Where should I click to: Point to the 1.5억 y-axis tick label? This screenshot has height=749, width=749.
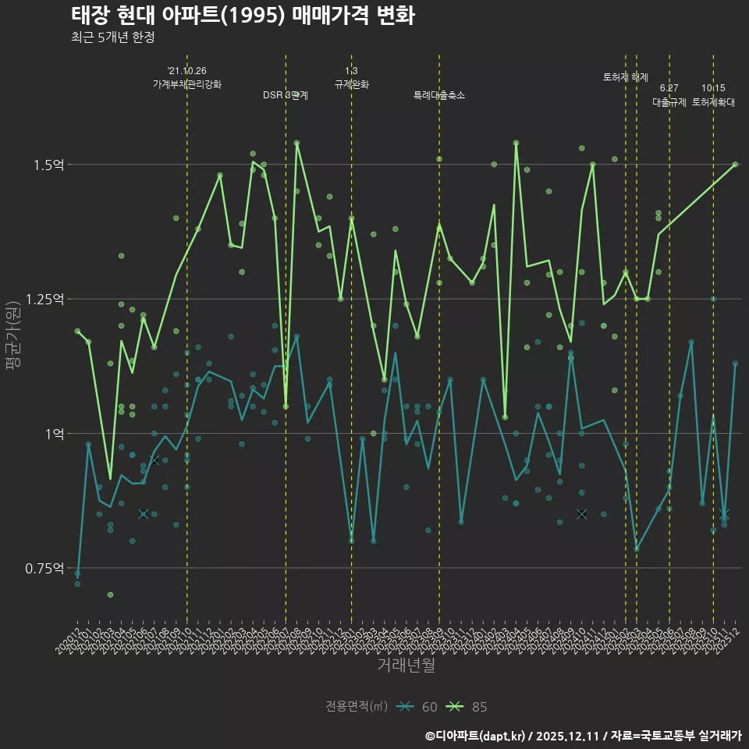tap(48, 165)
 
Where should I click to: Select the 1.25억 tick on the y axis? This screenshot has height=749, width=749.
tap(44, 299)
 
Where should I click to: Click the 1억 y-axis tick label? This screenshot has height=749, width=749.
tap(55, 433)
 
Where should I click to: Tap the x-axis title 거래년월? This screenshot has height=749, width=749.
tap(406, 665)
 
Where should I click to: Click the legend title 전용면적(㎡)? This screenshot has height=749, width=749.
tap(357, 707)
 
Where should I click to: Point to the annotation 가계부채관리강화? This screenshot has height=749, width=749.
tap(187, 83)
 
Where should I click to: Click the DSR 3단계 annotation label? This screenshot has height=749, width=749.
tap(286, 95)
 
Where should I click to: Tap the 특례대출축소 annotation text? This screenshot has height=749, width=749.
tap(439, 95)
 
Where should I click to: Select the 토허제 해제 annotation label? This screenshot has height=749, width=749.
tap(626, 77)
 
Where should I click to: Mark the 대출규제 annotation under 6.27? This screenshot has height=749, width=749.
tap(669, 102)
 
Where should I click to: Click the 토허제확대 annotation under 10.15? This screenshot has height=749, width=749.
tap(713, 102)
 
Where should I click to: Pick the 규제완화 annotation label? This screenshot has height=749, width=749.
tap(352, 83)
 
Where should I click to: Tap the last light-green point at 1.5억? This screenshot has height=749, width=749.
tap(735, 165)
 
